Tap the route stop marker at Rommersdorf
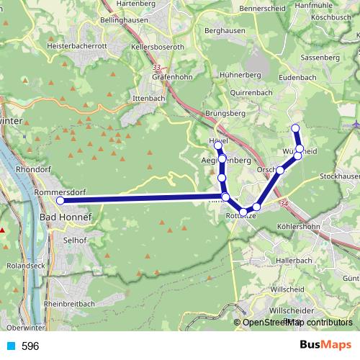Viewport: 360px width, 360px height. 60,201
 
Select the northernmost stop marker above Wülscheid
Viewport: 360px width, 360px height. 294,128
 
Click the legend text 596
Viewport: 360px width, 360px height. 30,346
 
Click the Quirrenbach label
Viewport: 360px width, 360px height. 252,93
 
